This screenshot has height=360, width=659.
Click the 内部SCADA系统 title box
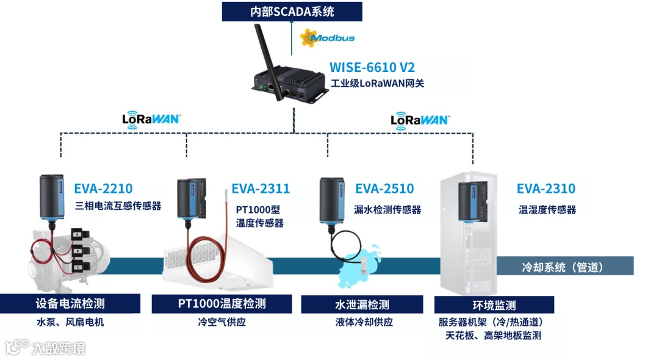tap(292, 11)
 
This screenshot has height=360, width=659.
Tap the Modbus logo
tap(328, 38)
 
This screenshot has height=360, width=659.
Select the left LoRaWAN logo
tap(151, 118)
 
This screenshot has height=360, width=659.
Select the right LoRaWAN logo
tap(419, 118)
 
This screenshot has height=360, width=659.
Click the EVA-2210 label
tap(103, 189)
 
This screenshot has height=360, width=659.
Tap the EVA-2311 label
tap(261, 189)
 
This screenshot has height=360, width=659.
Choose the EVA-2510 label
tap(384, 189)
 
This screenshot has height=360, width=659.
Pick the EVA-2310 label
tap(546, 189)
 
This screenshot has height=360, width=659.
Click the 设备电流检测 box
tap(70, 303)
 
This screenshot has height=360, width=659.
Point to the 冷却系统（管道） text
tap(563, 267)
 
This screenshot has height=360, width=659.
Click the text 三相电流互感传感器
tap(118, 206)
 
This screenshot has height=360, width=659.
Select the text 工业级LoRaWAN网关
tap(377, 83)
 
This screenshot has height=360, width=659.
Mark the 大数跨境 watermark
tap(46, 348)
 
